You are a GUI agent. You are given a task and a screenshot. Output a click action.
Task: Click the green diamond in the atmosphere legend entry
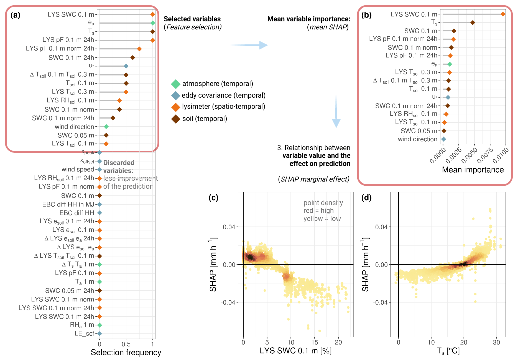pos(176,84)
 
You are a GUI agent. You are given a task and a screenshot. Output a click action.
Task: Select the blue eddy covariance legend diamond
pos(176,95)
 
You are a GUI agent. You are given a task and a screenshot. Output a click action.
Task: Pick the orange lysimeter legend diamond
pos(176,107)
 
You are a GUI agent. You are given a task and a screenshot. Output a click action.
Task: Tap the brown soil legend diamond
pos(176,119)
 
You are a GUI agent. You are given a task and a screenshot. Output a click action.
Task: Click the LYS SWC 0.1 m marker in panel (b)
pos(503,14)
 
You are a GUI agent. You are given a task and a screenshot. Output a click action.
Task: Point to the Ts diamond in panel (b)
pos(473,22)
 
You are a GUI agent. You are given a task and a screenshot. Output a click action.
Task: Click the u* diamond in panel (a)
pos(126,66)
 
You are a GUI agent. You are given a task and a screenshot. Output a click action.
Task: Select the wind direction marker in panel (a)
pos(106,127)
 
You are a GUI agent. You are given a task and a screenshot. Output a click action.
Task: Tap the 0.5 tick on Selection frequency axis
pos(126,344)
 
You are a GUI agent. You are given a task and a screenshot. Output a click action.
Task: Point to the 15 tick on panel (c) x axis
pos(315,342)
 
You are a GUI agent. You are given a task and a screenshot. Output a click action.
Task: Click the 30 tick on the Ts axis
pos(496,342)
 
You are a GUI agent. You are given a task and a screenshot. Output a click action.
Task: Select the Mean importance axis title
pos(473,170)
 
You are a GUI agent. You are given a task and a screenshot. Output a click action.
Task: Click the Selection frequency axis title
pos(126,353)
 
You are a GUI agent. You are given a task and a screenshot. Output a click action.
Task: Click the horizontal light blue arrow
pos(249,45)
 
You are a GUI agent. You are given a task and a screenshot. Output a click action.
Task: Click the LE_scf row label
pos(84,333)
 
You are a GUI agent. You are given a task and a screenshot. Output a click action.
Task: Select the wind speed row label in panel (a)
pos(78,169)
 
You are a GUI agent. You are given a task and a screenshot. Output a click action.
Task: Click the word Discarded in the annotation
pos(119,163)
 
